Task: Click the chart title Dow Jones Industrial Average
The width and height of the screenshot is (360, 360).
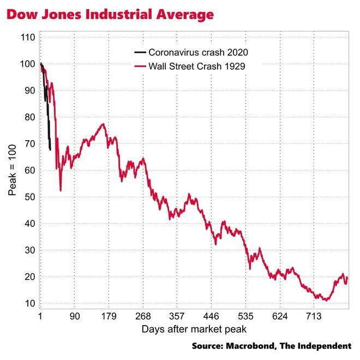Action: pos(110,15)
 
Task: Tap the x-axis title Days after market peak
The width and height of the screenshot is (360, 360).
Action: pos(194,329)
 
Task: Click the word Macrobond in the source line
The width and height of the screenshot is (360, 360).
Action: pos(254,346)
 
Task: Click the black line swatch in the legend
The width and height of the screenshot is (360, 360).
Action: pos(140,53)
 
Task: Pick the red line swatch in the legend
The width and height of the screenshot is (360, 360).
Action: pos(140,67)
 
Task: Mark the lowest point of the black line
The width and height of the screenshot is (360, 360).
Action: pos(50,149)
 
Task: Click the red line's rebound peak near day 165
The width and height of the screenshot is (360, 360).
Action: pos(103,124)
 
